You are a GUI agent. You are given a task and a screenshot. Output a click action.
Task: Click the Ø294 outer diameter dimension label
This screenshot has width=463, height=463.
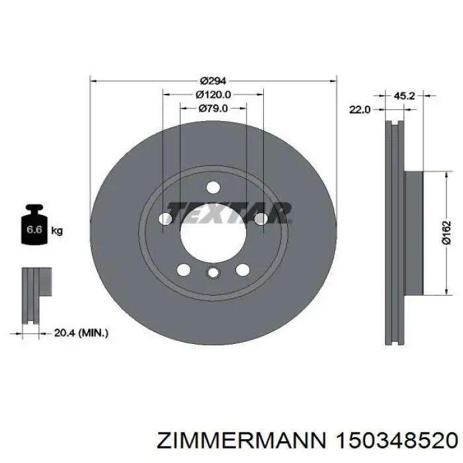(x=213, y=81)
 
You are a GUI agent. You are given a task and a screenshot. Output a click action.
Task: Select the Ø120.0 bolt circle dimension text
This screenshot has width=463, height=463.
(x=213, y=95)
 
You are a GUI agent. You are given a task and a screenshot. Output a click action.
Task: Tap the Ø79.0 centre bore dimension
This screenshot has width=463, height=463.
(x=213, y=108)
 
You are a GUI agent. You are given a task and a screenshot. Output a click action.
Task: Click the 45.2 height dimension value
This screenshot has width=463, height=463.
(x=404, y=96)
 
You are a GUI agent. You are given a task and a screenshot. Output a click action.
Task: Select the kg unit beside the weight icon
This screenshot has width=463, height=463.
(x=57, y=231)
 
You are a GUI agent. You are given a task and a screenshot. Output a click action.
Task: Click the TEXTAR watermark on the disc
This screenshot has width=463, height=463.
(x=229, y=212)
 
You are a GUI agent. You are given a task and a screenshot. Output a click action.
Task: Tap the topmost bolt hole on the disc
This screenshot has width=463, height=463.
(x=212, y=188)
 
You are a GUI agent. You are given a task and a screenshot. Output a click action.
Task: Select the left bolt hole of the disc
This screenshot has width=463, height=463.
(x=165, y=219)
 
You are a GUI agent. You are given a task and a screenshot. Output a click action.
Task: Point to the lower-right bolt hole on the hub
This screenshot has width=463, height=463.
(x=243, y=269)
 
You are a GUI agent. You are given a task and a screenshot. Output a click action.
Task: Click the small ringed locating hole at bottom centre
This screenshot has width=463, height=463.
(x=212, y=273)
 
